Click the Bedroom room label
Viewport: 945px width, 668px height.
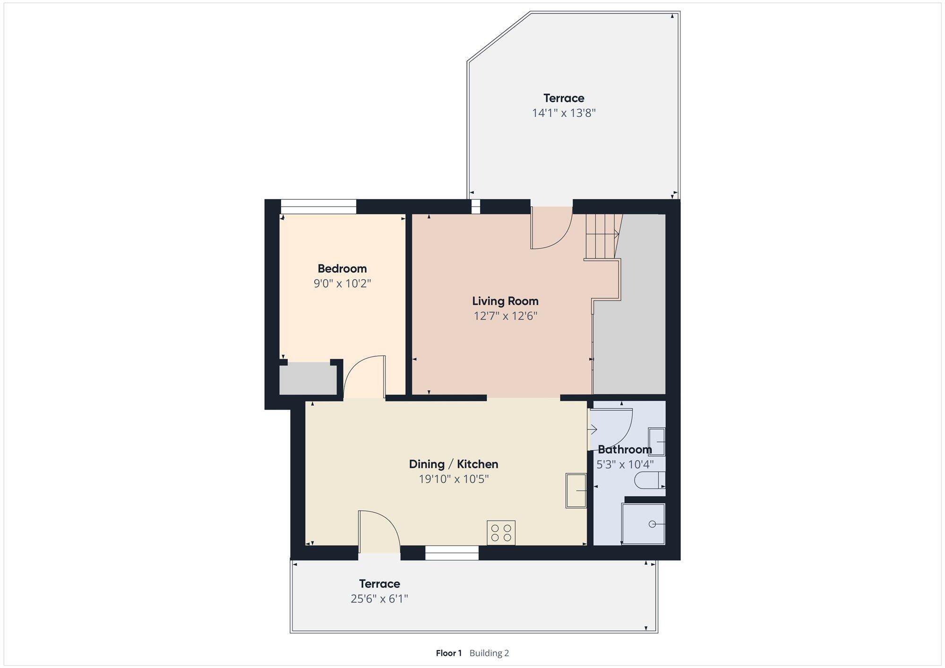tap(342, 269)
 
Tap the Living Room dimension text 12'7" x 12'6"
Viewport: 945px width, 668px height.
tap(506, 316)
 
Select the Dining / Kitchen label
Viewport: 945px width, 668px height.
tap(454, 464)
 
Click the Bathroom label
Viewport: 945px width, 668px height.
tap(625, 449)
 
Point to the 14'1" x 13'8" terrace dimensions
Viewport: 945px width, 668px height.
tap(564, 113)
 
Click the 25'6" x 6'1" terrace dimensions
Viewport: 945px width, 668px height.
tap(379, 599)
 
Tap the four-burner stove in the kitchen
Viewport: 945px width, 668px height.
tap(501, 532)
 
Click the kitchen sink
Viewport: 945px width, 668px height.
tap(576, 491)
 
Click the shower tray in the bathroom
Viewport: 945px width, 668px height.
tap(644, 524)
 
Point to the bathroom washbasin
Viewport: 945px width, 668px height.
tap(656, 441)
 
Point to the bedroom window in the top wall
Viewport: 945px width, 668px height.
tap(318, 207)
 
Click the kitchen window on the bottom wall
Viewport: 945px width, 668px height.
tap(452, 553)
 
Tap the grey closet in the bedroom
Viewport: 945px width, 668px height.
tap(308, 378)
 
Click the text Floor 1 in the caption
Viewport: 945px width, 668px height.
tap(448, 653)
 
